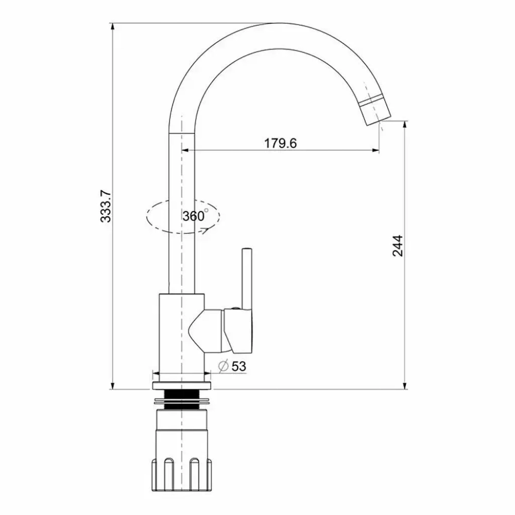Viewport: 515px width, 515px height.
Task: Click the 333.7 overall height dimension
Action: (x=105, y=206)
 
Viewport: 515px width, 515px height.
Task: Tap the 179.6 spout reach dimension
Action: (x=281, y=143)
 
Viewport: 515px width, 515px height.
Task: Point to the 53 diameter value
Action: (x=238, y=366)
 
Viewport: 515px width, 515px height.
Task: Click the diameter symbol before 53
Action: (x=224, y=366)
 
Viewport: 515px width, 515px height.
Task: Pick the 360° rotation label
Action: (x=195, y=216)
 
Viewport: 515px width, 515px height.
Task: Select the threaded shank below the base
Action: (x=182, y=399)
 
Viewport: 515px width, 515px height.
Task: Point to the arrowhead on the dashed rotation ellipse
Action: (x=205, y=230)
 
